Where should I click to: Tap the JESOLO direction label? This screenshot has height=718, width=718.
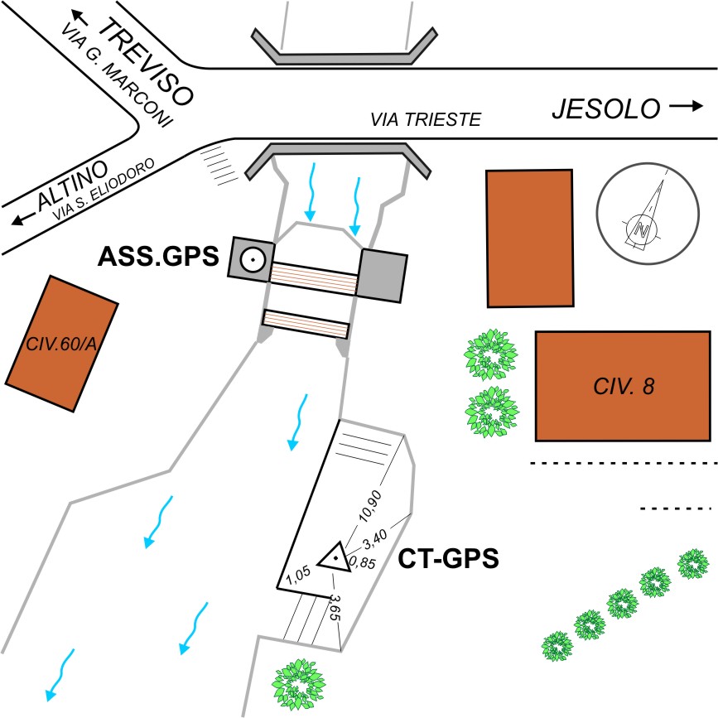click(x=606, y=108)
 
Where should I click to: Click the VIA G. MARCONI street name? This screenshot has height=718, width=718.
click(x=117, y=75)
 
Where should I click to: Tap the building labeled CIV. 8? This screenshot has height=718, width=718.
click(x=623, y=386)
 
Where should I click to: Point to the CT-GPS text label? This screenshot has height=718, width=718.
click(x=449, y=559)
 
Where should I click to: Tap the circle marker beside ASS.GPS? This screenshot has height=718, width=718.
click(x=252, y=259)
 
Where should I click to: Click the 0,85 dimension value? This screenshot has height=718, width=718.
click(x=361, y=562)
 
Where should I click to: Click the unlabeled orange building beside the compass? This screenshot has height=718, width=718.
click(x=528, y=237)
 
